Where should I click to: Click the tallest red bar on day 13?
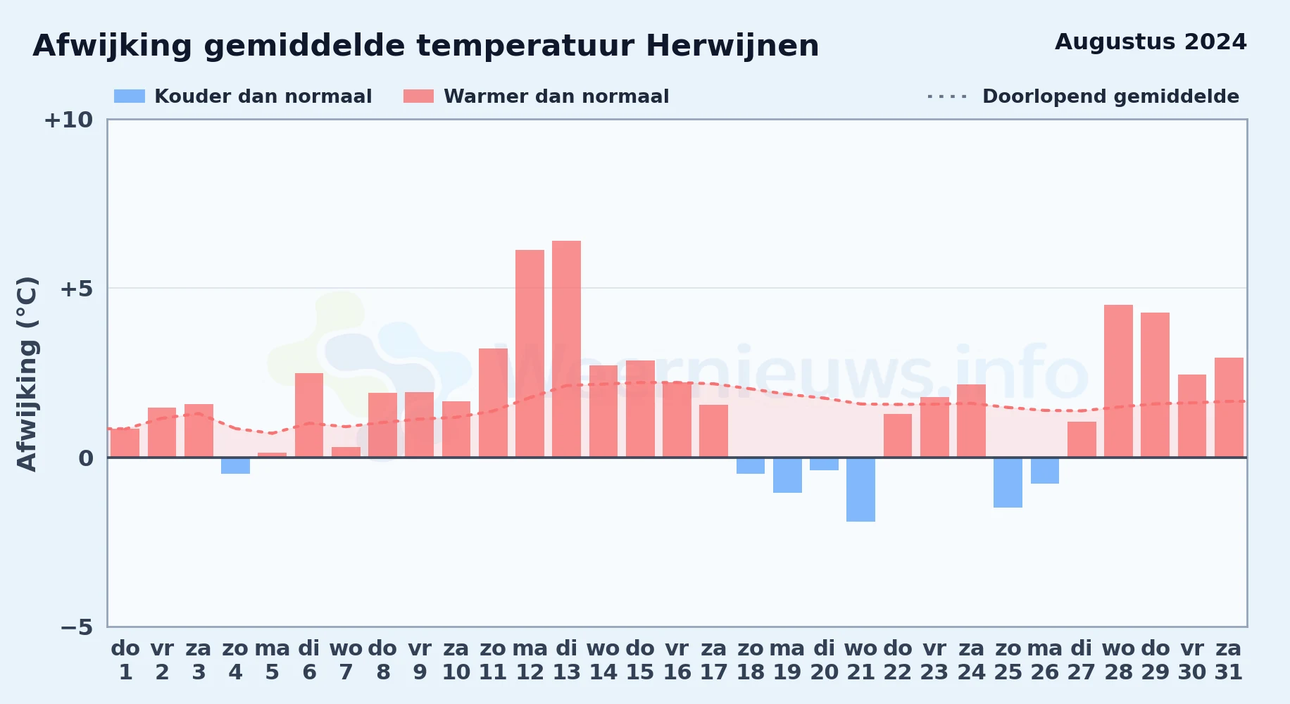pos(566,349)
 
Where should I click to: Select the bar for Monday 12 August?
pos(530,353)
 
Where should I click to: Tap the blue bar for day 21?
pos(860,489)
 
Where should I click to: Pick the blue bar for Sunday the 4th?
pos(235,465)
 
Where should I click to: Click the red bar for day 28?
pos(1118,381)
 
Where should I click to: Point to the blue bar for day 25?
pos(1008,482)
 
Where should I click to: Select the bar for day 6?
pos(309,415)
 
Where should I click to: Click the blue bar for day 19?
pos(787,475)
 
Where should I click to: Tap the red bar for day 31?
pos(1229,408)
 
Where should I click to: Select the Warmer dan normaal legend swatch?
pos(418,96)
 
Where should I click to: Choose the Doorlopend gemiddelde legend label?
pos(1110,96)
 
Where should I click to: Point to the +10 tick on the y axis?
pos(68,120)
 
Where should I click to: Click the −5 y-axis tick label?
pos(77,627)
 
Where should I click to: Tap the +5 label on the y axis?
pos(77,289)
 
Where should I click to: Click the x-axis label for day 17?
pos(713,660)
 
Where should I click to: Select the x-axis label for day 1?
pos(125,660)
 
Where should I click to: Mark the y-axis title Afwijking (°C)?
pos(27,373)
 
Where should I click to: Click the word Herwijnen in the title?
pos(732,46)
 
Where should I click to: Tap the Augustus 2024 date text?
pos(1151,42)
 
